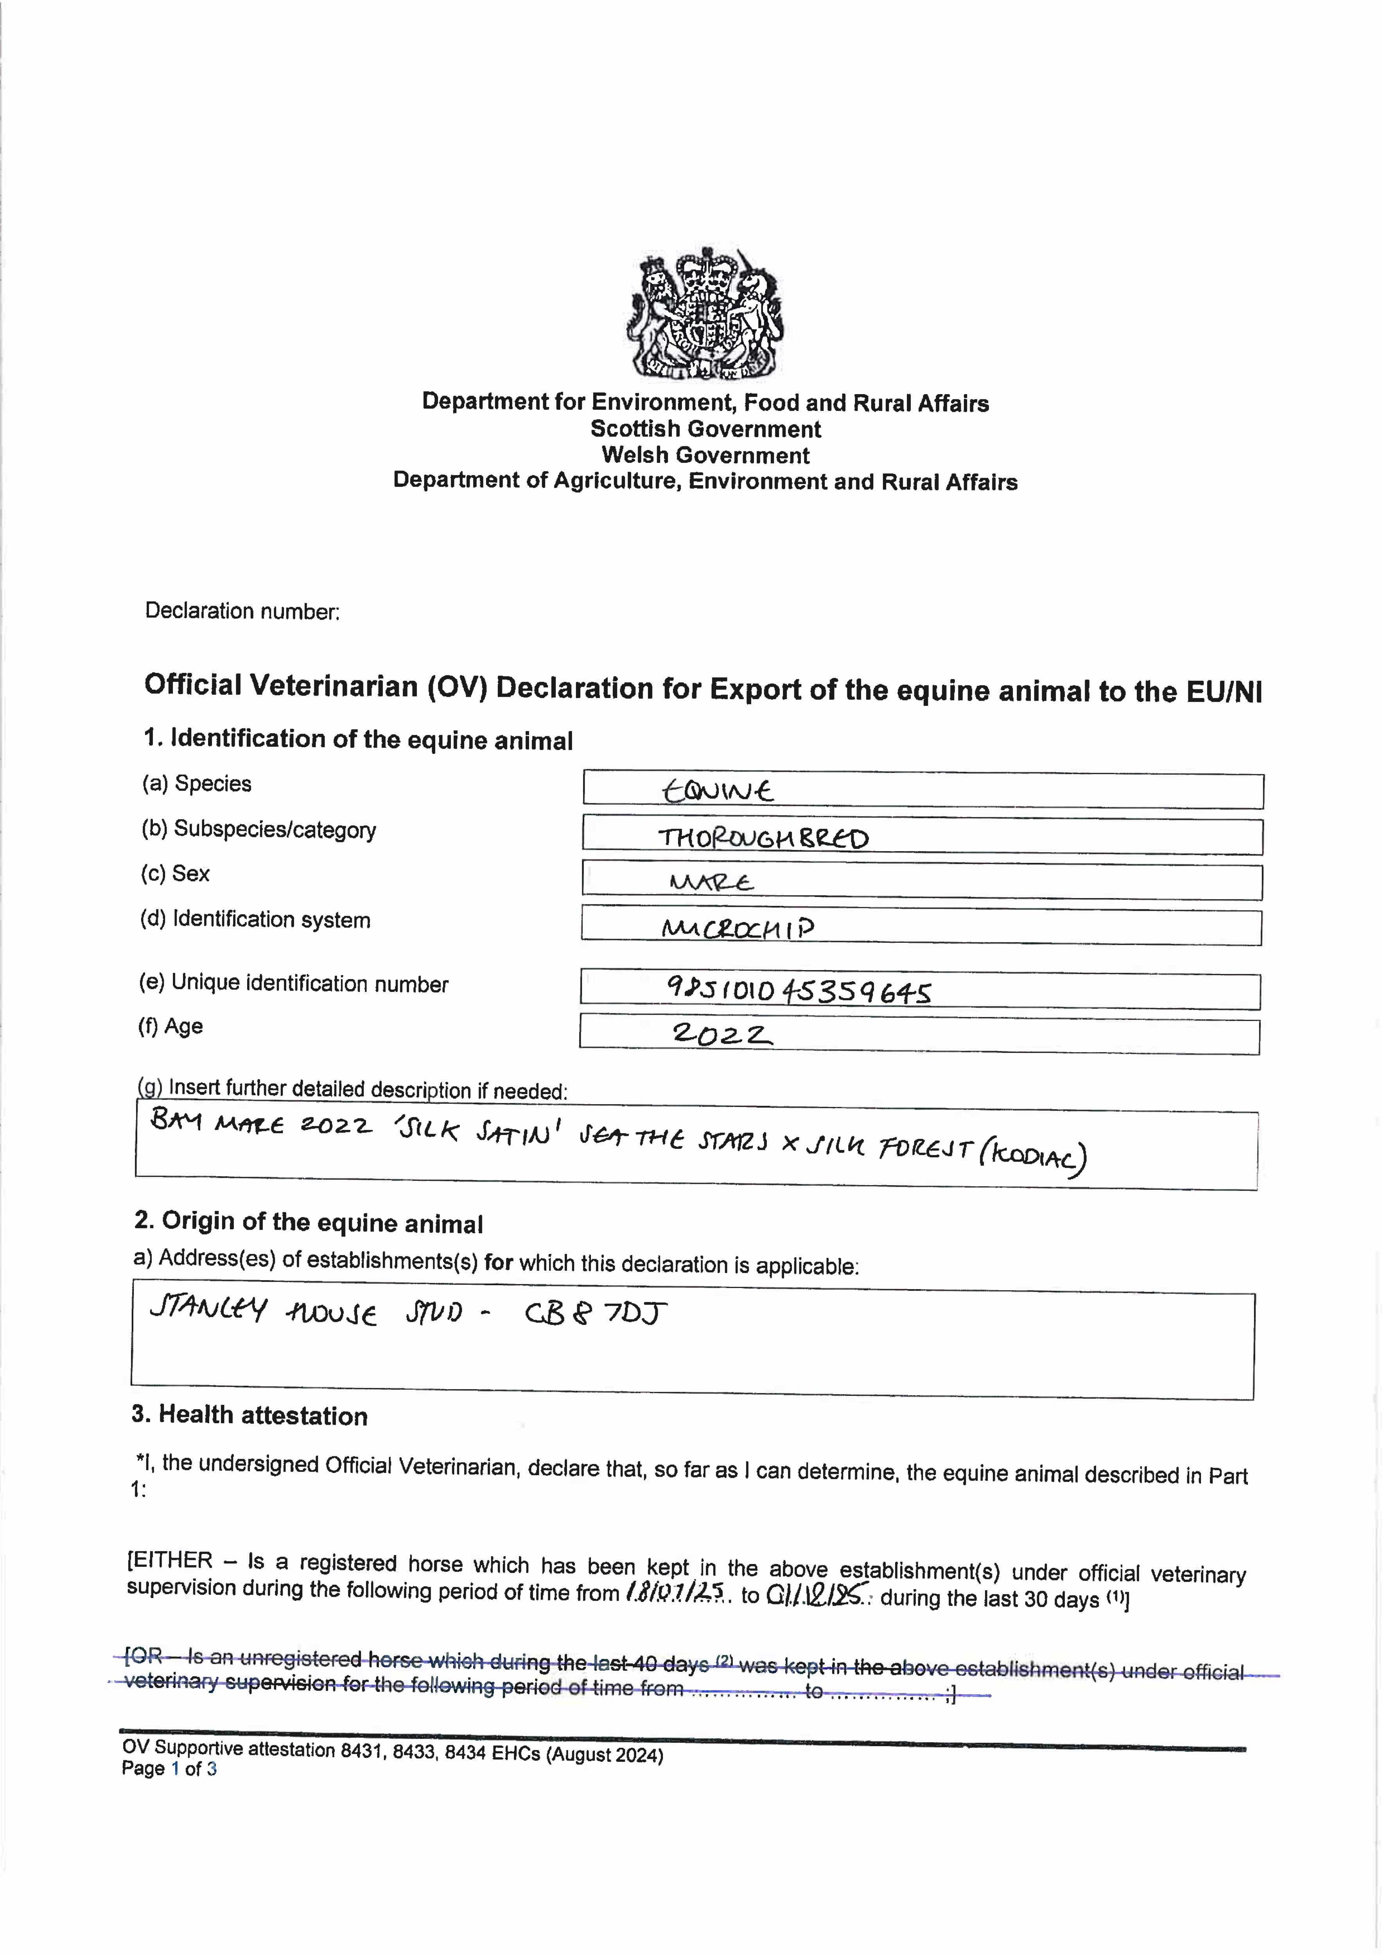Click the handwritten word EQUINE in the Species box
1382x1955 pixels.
[718, 791]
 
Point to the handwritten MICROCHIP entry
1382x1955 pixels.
[738, 927]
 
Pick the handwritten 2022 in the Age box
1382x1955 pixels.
[722, 1035]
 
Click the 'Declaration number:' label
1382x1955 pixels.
[242, 612]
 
